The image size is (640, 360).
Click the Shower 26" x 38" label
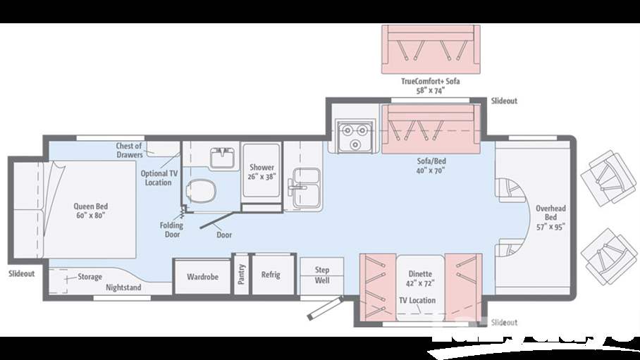click(x=261, y=172)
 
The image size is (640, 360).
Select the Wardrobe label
click(x=202, y=277)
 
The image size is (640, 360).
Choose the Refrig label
click(x=271, y=275)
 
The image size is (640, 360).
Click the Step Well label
click(x=321, y=275)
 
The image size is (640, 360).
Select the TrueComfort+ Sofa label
click(x=430, y=86)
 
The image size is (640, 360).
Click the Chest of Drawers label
click(x=129, y=150)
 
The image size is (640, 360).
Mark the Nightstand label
click(x=123, y=287)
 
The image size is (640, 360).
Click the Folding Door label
click(x=171, y=230)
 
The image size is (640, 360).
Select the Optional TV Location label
click(x=158, y=178)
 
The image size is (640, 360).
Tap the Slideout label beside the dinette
click(x=503, y=322)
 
